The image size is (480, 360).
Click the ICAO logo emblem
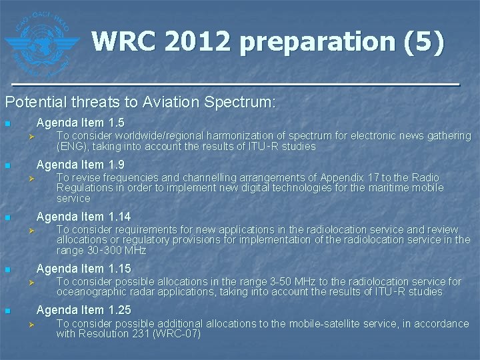pyautogui.click(x=41, y=41)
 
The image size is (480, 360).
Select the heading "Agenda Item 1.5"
pyautogui.click(x=80, y=123)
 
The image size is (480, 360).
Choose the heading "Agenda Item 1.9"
pyautogui.click(x=80, y=165)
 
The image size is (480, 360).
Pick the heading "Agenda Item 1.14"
pyautogui.click(x=83, y=217)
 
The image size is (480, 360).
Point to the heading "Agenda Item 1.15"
pyautogui.click(x=83, y=269)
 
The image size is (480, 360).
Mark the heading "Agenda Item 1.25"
pyautogui.click(x=83, y=310)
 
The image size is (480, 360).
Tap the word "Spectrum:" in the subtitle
pyautogui.click(x=243, y=103)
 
